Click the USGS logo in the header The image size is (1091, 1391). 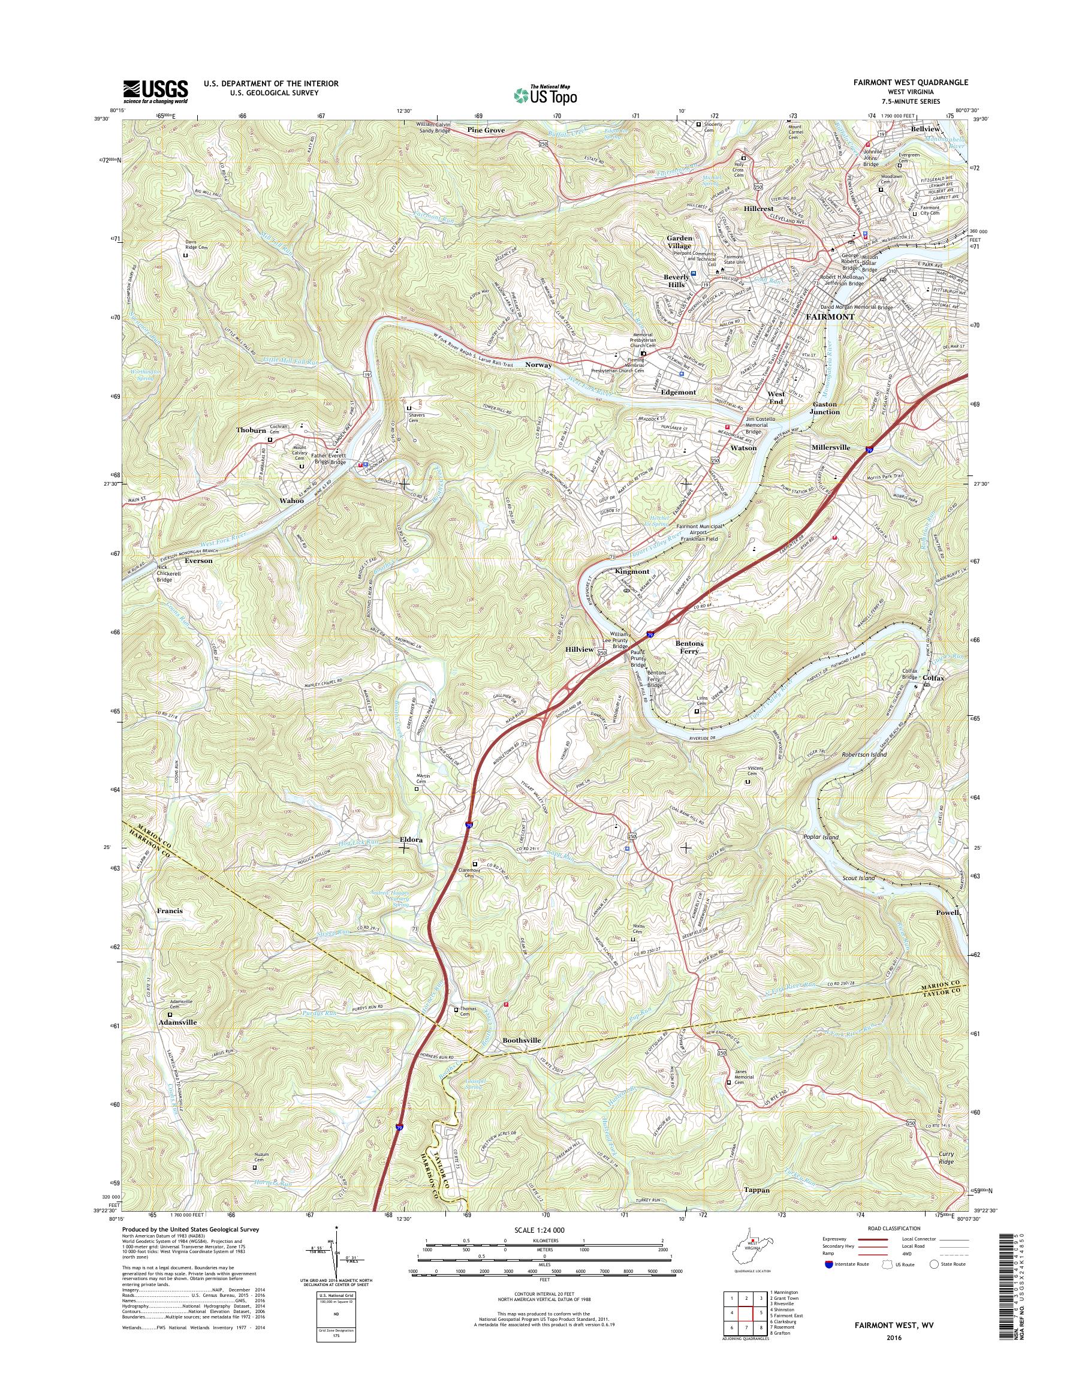click(x=155, y=90)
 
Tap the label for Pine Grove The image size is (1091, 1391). click(x=486, y=130)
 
